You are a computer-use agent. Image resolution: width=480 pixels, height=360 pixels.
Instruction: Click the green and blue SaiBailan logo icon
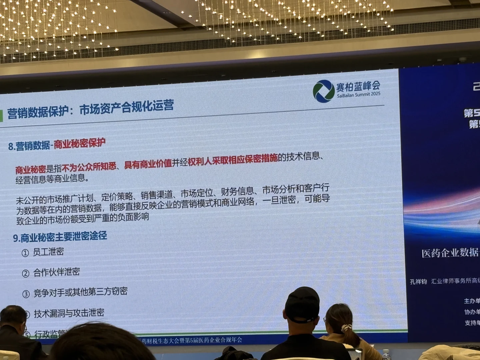pos(323,91)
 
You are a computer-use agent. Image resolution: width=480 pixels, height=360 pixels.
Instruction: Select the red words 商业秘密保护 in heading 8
pos(80,144)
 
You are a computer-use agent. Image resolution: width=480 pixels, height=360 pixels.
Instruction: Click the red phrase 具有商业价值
pos(148,163)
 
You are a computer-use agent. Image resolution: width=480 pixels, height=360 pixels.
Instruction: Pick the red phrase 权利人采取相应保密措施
pos(233,160)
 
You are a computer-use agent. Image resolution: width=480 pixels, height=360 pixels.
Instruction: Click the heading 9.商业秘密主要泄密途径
pos(60,237)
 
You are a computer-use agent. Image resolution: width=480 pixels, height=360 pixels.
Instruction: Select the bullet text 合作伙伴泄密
pos(57,272)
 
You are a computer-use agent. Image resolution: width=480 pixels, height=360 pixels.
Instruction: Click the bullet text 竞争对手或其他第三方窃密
pos(80,292)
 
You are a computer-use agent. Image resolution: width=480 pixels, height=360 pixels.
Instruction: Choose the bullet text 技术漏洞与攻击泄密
pos(69,313)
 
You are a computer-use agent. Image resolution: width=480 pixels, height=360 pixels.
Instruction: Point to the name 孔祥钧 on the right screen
pos(418,282)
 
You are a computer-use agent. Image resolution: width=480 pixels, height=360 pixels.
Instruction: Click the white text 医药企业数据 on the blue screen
pos(450,253)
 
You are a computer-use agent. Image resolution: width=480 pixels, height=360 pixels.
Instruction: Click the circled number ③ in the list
pos(26,294)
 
